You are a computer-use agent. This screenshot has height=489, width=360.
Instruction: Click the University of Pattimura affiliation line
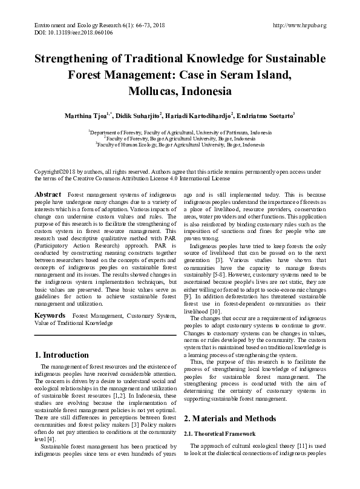tap(180, 132)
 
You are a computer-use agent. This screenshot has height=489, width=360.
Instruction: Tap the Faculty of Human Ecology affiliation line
tap(180, 145)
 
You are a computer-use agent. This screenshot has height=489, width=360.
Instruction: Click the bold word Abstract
tap(48, 194)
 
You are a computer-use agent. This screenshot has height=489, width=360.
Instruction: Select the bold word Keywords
tap(50, 316)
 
